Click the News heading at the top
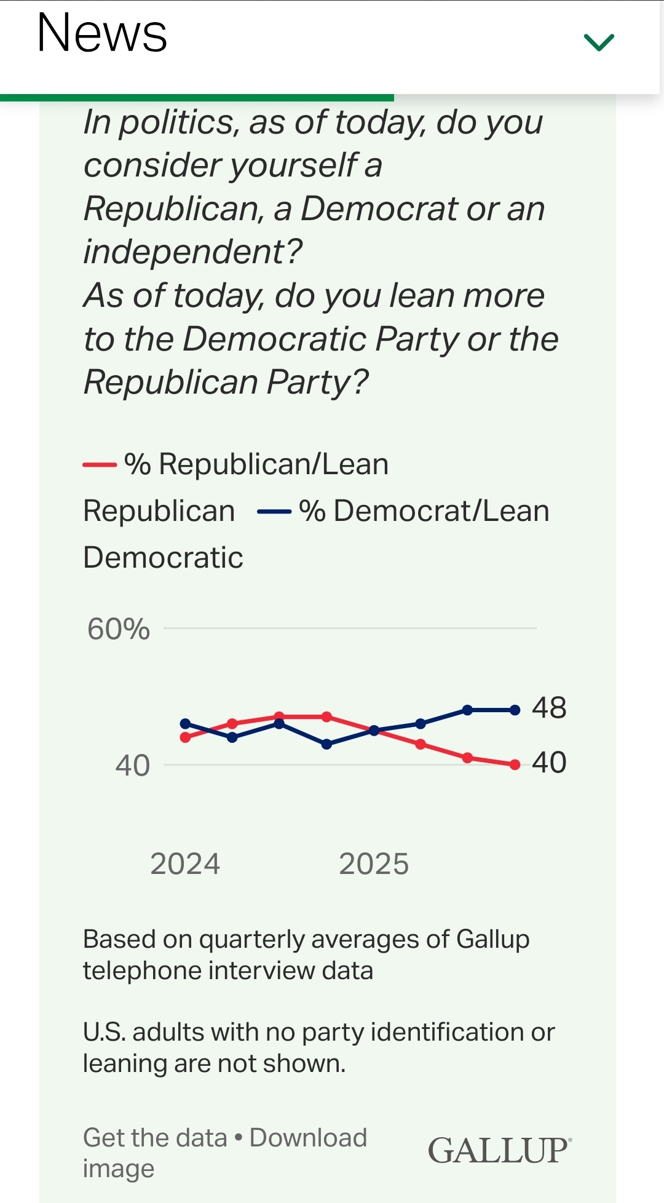tap(102, 33)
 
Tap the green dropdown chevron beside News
tap(599, 42)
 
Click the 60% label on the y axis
tap(118, 629)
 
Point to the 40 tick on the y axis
tap(132, 766)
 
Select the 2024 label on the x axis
tap(185, 864)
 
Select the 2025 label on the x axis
tap(374, 864)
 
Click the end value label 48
tap(549, 708)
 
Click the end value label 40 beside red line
tap(549, 763)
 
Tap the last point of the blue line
tap(515, 710)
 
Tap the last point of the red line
tap(515, 765)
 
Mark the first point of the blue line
tap(185, 724)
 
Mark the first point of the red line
tap(185, 737)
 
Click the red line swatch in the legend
tap(100, 465)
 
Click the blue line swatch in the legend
tap(274, 512)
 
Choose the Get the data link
tap(155, 1138)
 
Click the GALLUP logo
tap(499, 1151)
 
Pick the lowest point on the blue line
tap(326, 744)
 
